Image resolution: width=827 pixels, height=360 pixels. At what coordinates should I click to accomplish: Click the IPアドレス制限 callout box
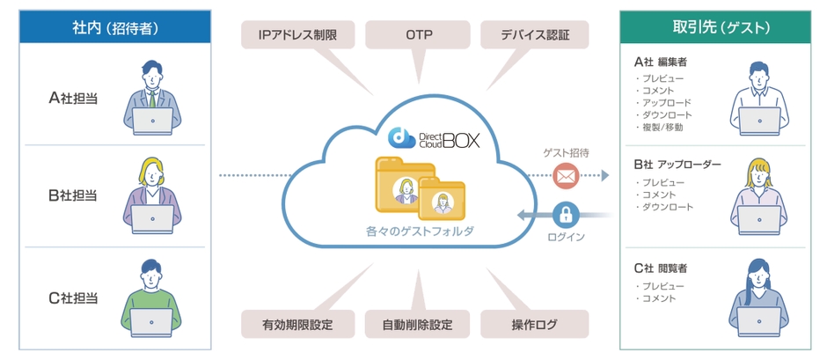(x=296, y=36)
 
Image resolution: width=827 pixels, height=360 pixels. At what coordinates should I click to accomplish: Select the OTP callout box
(x=418, y=36)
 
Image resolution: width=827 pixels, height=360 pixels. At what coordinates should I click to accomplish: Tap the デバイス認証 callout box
(x=535, y=36)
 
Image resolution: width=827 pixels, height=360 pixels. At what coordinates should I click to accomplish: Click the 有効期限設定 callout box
(x=297, y=324)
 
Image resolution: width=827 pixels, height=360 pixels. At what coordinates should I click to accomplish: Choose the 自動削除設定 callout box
(x=418, y=324)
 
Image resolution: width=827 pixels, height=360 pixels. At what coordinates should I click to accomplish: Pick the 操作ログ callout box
(x=534, y=324)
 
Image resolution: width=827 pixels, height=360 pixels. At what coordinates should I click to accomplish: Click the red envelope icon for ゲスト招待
(x=566, y=176)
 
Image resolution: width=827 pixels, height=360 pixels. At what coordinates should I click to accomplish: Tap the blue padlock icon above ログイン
(x=567, y=213)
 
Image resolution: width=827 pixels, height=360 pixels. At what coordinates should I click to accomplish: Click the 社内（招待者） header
(x=115, y=27)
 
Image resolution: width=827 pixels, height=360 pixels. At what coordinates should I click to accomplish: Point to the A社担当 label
(x=73, y=98)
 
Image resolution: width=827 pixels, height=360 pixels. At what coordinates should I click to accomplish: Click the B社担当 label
(x=73, y=195)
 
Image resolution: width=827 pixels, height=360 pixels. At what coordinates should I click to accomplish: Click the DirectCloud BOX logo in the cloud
(x=435, y=137)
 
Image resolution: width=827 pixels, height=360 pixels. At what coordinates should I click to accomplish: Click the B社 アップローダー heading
(x=677, y=164)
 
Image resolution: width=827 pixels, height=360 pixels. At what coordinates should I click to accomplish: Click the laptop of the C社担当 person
(x=151, y=322)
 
